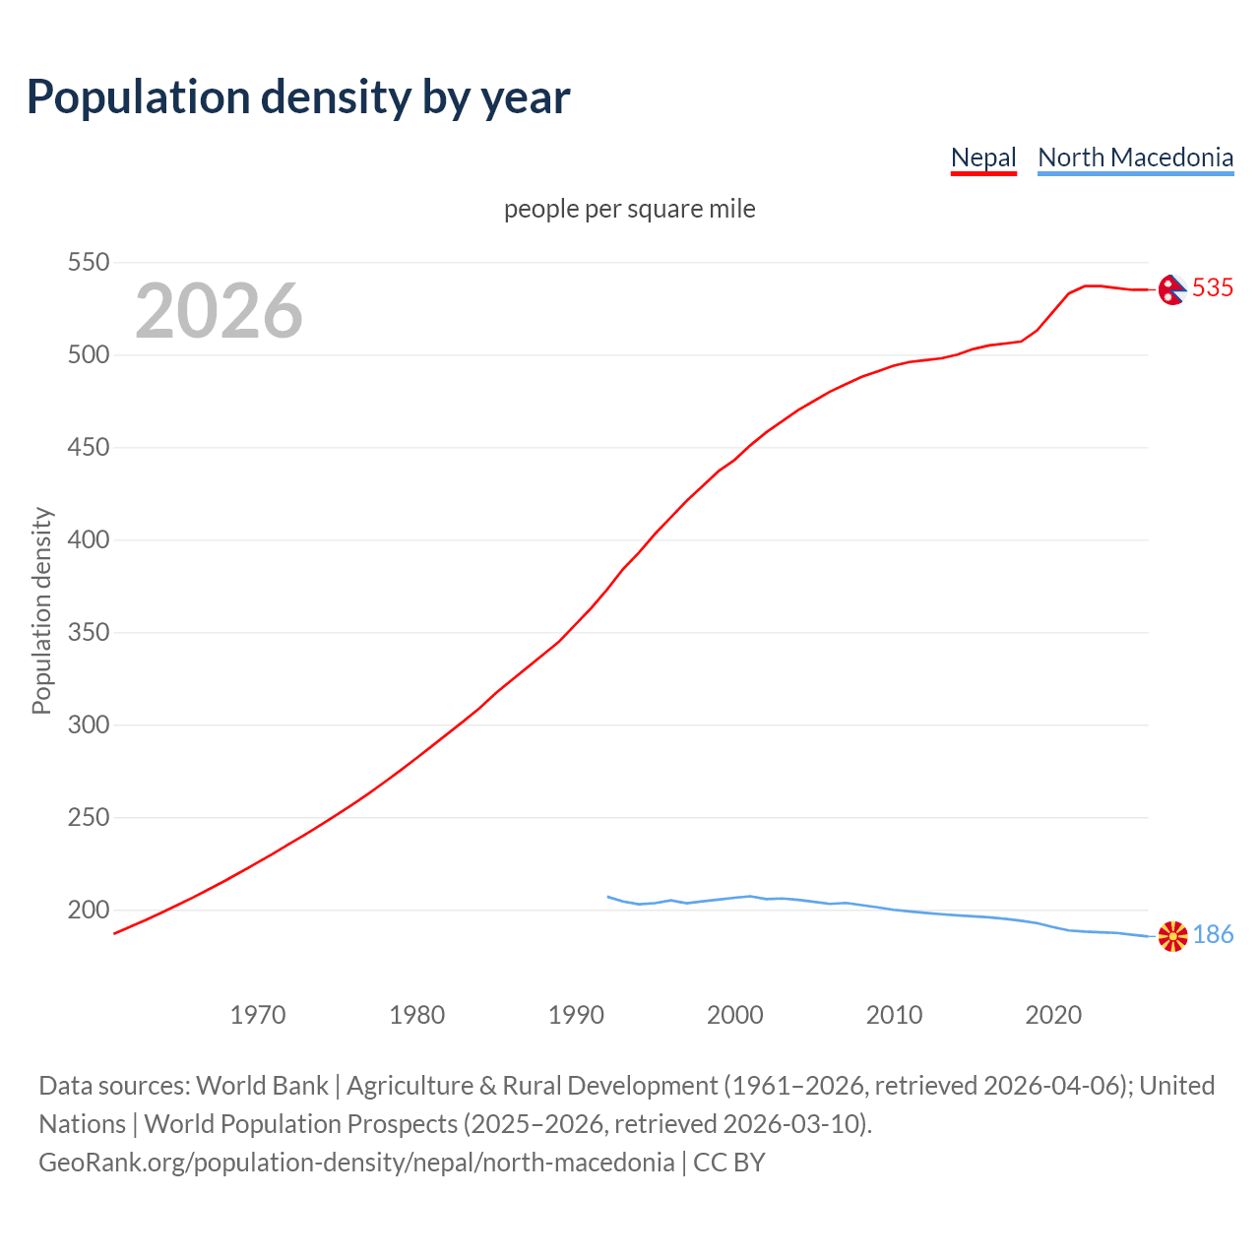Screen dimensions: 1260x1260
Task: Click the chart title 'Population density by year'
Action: (298, 96)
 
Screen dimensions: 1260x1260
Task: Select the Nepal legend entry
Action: (982, 157)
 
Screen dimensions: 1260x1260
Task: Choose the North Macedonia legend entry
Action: (1135, 157)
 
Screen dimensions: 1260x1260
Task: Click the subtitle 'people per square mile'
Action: (629, 209)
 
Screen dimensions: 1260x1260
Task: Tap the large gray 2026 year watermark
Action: (219, 311)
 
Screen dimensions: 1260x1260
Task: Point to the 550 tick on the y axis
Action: (88, 263)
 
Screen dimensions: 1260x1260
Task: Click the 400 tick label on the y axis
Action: (88, 540)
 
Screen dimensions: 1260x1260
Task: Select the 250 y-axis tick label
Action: (88, 818)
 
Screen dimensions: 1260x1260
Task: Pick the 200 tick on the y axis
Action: (88, 911)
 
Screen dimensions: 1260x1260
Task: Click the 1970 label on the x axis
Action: (258, 1015)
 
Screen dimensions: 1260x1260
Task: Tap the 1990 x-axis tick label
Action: (576, 1015)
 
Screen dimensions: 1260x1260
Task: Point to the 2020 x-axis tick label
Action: (1053, 1015)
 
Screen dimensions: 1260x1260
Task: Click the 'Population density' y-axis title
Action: (41, 610)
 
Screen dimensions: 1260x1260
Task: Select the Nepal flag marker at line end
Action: (1171, 289)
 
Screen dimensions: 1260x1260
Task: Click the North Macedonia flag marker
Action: (1172, 936)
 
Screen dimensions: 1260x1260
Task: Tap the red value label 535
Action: (1213, 287)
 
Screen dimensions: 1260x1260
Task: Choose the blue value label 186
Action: (1213, 934)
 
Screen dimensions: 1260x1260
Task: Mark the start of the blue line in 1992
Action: (608, 897)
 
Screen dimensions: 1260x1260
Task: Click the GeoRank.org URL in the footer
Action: (356, 1163)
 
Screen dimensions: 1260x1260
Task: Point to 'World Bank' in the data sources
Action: (262, 1086)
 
